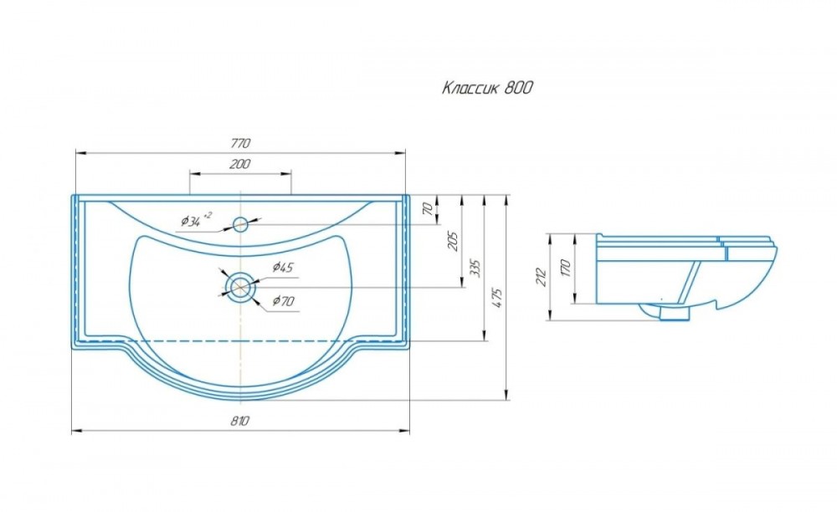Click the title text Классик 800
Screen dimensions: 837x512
point(487,88)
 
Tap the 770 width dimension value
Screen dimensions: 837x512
point(240,143)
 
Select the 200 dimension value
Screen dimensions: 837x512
point(239,164)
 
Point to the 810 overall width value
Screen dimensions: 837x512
point(240,421)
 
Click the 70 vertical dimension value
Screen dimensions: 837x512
point(427,209)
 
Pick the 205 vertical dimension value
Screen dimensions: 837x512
point(453,242)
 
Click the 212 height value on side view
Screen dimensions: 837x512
point(542,277)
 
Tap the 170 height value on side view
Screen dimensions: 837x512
point(567,268)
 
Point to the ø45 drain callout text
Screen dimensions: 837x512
point(283,267)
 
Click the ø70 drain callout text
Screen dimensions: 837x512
point(284,301)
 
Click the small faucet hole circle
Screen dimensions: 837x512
point(241,224)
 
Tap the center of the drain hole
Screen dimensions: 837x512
point(241,287)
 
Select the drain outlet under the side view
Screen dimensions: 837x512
point(674,314)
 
